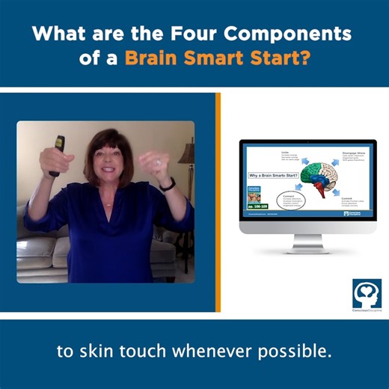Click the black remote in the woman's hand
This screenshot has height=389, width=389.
55,154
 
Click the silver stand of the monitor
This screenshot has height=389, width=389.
308,243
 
